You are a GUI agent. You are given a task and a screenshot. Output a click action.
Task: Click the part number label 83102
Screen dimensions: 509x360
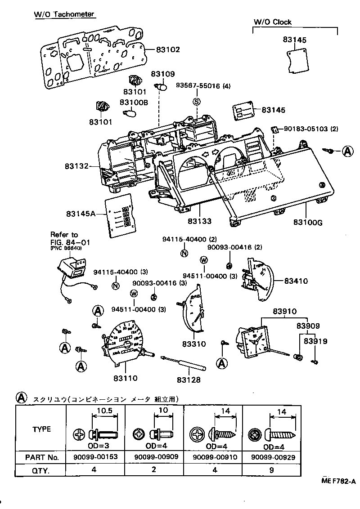pos(168,49)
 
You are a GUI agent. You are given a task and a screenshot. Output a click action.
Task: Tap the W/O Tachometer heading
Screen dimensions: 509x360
pos(64,14)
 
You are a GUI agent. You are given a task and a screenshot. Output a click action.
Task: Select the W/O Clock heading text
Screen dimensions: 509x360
pos(272,22)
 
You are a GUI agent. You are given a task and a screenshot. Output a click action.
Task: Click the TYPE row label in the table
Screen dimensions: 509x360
pos(41,429)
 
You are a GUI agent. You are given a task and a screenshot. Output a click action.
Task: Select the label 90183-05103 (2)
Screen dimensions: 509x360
pos(310,129)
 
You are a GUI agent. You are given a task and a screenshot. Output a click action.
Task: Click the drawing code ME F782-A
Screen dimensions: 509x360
pos(338,482)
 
